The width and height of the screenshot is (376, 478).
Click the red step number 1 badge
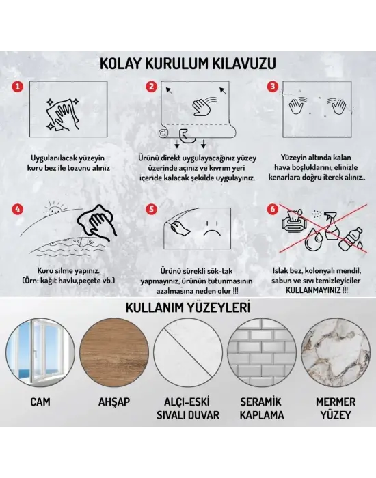pyautogui.click(x=19, y=87)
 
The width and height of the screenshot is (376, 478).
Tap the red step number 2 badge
pyautogui.click(x=152, y=87)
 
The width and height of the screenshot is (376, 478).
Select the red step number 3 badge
pyautogui.click(x=272, y=87)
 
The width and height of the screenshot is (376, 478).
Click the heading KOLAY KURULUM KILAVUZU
pyautogui.click(x=188, y=64)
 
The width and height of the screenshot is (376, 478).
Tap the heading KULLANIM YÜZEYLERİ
pyautogui.click(x=188, y=307)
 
